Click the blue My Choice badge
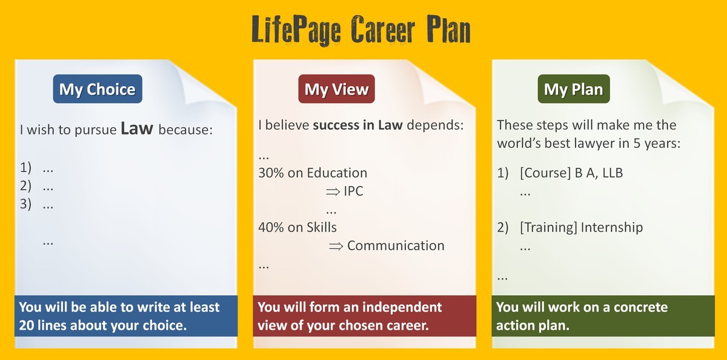(98, 89)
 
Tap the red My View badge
(337, 89)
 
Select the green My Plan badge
(574, 89)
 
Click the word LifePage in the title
(296, 30)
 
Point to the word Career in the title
(383, 30)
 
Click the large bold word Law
(137, 128)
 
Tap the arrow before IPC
(333, 192)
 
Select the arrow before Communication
(336, 247)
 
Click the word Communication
(396, 245)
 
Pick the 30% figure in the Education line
(271, 173)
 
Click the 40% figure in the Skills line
(271, 227)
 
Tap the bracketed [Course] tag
(545, 173)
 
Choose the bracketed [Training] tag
(548, 227)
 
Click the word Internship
(612, 227)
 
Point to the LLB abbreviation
(612, 173)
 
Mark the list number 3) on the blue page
(25, 204)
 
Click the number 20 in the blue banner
(26, 325)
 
